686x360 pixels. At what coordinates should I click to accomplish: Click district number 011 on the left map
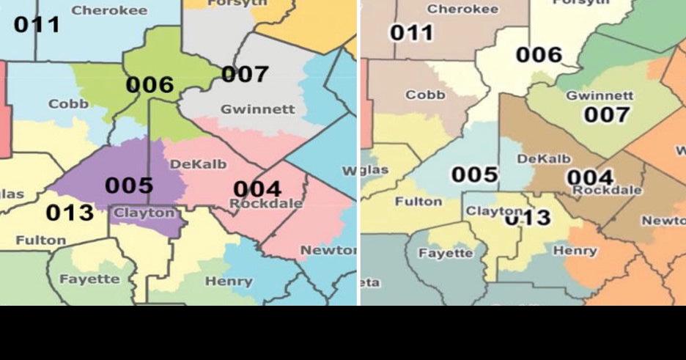pyautogui.click(x=37, y=24)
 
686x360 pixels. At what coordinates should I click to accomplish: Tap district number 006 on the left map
pyautogui.click(x=150, y=85)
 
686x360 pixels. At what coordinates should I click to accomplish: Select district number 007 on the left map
pyautogui.click(x=245, y=74)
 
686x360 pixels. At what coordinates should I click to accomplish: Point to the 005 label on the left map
pyautogui.click(x=128, y=185)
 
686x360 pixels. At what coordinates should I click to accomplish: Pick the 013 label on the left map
pyautogui.click(x=70, y=213)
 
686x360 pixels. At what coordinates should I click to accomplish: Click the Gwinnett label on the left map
pyautogui.click(x=258, y=109)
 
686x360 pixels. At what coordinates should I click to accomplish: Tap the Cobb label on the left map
pyautogui.click(x=68, y=104)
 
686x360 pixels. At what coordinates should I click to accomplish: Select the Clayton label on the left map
pyautogui.click(x=144, y=213)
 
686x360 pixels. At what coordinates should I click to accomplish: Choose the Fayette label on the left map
pyautogui.click(x=89, y=279)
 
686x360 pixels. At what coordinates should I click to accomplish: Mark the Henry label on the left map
pyautogui.click(x=229, y=282)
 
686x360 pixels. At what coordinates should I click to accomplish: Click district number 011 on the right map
pyautogui.click(x=411, y=33)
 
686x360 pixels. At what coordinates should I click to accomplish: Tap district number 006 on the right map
pyautogui.click(x=539, y=55)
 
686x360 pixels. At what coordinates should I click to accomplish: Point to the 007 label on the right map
pyautogui.click(x=606, y=114)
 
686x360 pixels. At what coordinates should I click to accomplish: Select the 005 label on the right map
pyautogui.click(x=474, y=175)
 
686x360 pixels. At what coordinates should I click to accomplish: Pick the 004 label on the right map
pyautogui.click(x=590, y=177)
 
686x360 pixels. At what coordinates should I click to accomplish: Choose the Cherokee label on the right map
pyautogui.click(x=462, y=10)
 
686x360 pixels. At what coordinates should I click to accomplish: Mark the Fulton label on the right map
pyautogui.click(x=418, y=202)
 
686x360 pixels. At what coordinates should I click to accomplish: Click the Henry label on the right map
pyautogui.click(x=575, y=251)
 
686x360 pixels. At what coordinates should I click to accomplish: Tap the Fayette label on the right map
pyautogui.click(x=446, y=253)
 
